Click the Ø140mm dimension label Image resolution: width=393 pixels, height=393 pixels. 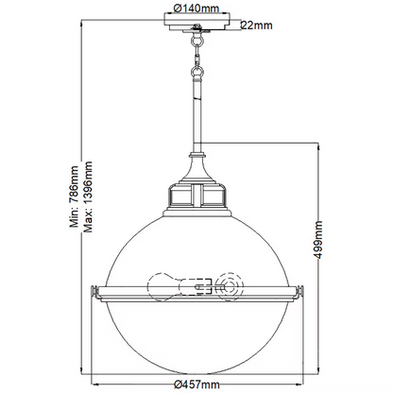[196, 8]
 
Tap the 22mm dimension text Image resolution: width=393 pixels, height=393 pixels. [257, 26]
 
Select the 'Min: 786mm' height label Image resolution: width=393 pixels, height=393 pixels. [75, 196]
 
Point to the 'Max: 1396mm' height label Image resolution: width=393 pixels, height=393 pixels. [88, 196]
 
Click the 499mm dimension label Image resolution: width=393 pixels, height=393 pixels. [318, 240]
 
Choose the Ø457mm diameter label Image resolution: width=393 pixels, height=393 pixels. [196, 384]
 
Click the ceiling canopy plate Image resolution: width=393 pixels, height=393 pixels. [197, 22]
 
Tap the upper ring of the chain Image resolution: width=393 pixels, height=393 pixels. [197, 40]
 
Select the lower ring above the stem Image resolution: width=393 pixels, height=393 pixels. [197, 71]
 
